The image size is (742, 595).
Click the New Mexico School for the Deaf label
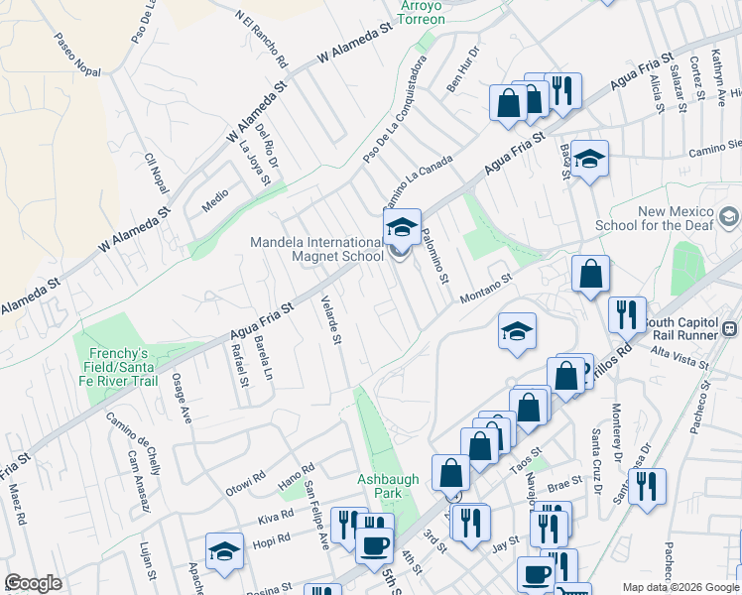tap(677, 218)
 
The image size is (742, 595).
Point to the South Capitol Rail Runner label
tap(692, 329)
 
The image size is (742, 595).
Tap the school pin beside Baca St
tap(589, 161)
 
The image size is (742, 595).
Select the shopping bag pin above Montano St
tap(590, 277)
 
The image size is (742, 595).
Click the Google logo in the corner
tap(33, 583)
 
